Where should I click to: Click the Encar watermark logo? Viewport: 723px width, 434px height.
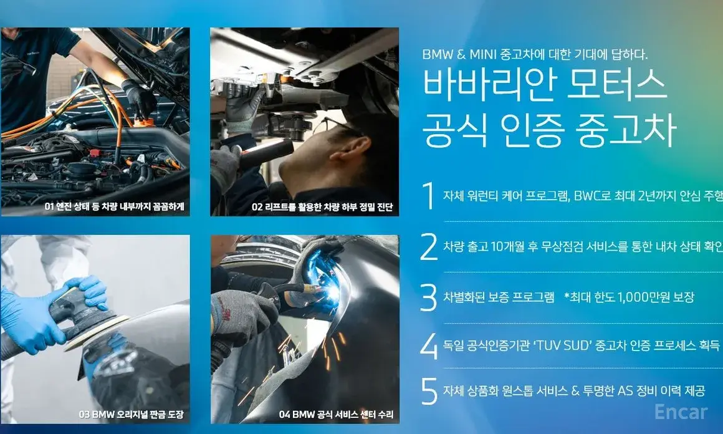pyautogui.click(x=681, y=412)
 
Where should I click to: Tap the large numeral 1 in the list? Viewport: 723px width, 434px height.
pyautogui.click(x=429, y=196)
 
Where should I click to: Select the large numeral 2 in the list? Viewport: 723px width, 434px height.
pyautogui.click(x=429, y=246)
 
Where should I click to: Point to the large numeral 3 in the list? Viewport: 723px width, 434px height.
pyautogui.click(x=429, y=297)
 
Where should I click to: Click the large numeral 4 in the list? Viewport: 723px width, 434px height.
pyautogui.click(x=429, y=345)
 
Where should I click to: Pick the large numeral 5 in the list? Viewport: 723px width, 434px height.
pyautogui.click(x=429, y=392)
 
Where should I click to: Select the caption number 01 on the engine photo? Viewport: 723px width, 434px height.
pyautogui.click(x=49, y=206)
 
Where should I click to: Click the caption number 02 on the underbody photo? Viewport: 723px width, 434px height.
pyautogui.click(x=257, y=206)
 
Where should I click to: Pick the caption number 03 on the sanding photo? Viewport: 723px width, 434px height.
pyautogui.click(x=84, y=414)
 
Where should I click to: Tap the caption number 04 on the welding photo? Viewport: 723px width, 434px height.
pyautogui.click(x=284, y=414)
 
